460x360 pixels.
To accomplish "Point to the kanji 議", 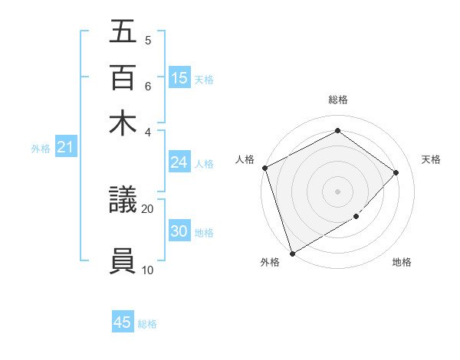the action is [x=123, y=201].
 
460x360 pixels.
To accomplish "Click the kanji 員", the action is [x=123, y=260].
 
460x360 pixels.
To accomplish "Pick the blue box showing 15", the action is [x=179, y=77].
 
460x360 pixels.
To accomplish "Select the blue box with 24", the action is [x=179, y=162].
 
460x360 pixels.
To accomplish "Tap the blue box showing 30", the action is [x=179, y=231].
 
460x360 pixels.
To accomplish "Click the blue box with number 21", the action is [x=65, y=147].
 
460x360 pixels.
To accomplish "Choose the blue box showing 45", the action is [x=123, y=322].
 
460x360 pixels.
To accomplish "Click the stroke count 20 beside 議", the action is [x=148, y=208].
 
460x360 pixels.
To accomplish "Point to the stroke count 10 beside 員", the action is [x=148, y=269].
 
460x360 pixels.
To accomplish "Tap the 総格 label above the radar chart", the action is [x=338, y=100].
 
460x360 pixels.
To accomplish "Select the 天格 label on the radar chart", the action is [x=431, y=159].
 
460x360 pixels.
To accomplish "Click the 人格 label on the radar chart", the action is [x=245, y=159].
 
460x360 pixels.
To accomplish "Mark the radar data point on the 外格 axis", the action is [x=292, y=253].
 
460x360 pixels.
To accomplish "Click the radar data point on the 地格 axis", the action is [x=356, y=217].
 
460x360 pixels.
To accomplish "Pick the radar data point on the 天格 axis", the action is [x=396, y=172].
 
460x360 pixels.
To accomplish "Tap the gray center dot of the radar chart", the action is [x=338, y=191].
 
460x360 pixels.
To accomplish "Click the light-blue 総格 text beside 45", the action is [x=147, y=324].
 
